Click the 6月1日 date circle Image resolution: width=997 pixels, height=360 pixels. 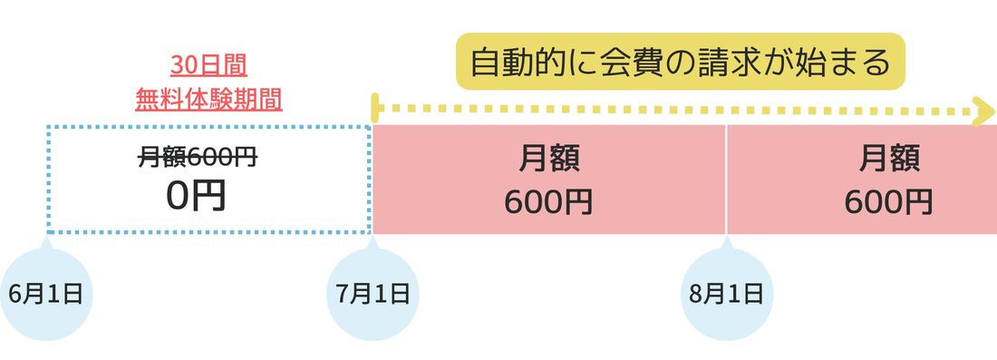[x=46, y=294]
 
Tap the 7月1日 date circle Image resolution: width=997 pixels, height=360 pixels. [x=373, y=294]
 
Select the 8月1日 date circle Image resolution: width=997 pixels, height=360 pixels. [x=726, y=294]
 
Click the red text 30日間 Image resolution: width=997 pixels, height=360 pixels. [x=209, y=65]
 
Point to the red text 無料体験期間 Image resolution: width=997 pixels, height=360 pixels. [x=209, y=97]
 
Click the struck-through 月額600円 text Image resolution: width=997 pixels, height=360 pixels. [x=198, y=158]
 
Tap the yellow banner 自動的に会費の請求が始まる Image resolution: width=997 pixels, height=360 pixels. [x=681, y=62]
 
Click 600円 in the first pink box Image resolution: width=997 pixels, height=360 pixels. [x=548, y=200]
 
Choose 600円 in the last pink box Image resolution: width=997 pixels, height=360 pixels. [x=888, y=200]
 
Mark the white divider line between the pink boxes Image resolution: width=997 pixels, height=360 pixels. [x=726, y=179]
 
